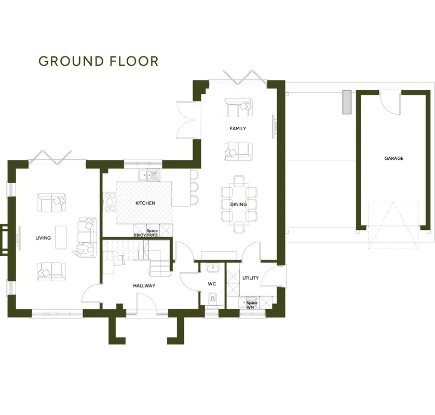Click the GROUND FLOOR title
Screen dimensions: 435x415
[x=99, y=61]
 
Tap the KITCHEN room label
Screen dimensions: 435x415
[x=145, y=203]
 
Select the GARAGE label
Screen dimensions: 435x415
[x=394, y=158]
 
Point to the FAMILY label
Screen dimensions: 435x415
[x=238, y=128]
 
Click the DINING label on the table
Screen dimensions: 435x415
[x=239, y=204]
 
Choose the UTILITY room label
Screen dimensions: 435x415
[x=251, y=278]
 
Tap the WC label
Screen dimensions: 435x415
[x=212, y=284]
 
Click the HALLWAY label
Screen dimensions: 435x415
[x=144, y=286]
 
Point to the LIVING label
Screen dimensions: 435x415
[x=43, y=238]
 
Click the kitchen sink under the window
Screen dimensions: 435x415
[x=149, y=175]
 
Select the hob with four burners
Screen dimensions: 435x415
[x=110, y=202]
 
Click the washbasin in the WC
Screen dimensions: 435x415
[x=213, y=268]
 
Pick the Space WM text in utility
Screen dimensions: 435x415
[x=252, y=305]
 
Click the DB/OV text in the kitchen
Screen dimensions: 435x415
[x=140, y=235]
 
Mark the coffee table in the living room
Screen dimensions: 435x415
[x=61, y=237]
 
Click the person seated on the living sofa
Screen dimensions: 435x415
[x=84, y=250]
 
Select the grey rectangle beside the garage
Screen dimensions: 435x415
[x=347, y=102]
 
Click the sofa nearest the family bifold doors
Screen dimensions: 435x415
[x=238, y=107]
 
